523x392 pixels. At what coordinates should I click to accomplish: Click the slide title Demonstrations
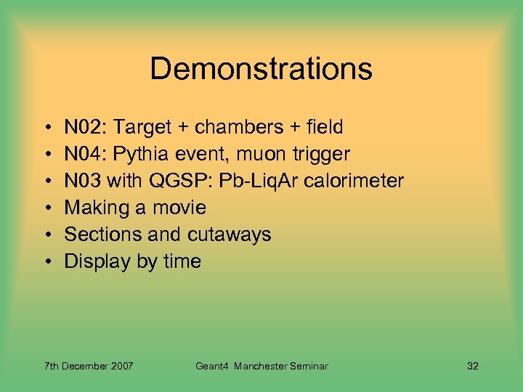coord(261,70)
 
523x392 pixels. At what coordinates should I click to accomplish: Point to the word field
coord(323,128)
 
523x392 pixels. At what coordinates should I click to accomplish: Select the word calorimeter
coord(354,181)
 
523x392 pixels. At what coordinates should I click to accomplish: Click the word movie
coord(179,208)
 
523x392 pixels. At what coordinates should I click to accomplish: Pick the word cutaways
coord(232,235)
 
